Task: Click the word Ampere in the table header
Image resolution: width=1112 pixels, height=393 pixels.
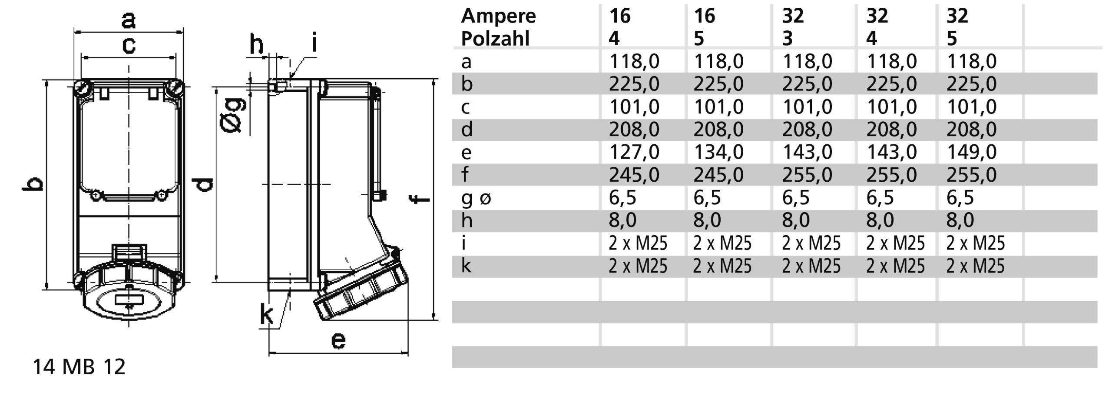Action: (498, 17)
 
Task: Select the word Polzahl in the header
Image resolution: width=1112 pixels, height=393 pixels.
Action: (495, 39)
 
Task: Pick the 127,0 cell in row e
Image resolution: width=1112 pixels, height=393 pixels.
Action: (634, 152)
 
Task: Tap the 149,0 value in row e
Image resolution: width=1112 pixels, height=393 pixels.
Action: (971, 152)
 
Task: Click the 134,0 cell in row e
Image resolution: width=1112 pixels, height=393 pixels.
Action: (718, 152)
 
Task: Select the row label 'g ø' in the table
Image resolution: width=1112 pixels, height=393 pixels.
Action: (476, 198)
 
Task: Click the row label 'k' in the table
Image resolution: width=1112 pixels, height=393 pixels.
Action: (466, 266)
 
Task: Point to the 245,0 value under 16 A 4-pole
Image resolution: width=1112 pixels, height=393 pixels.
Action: (634, 175)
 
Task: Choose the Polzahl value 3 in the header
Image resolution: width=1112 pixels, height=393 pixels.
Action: (788, 39)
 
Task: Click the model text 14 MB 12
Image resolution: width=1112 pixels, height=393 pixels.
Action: (79, 367)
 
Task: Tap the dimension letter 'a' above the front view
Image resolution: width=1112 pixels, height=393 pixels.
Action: (128, 20)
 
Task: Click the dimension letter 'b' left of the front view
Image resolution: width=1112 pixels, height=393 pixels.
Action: (33, 184)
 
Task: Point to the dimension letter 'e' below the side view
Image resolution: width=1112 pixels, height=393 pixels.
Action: (338, 340)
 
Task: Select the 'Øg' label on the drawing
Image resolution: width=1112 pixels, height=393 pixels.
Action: (232, 115)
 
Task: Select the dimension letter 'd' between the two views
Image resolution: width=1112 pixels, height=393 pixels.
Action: (203, 184)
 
